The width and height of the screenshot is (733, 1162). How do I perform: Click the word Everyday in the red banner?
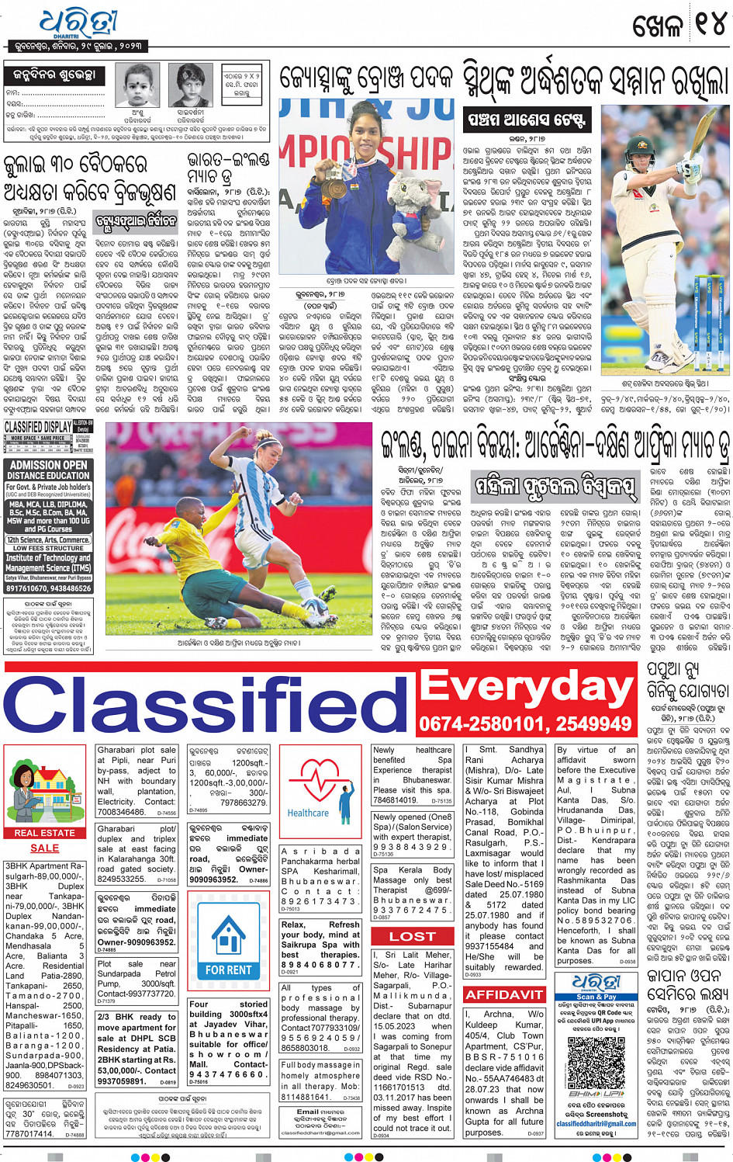tap(526, 686)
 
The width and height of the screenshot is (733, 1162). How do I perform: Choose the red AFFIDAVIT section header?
tap(504, 994)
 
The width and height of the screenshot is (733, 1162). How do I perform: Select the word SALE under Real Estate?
tap(44, 848)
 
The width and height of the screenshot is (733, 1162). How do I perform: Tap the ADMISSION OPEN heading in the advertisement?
tap(48, 465)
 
